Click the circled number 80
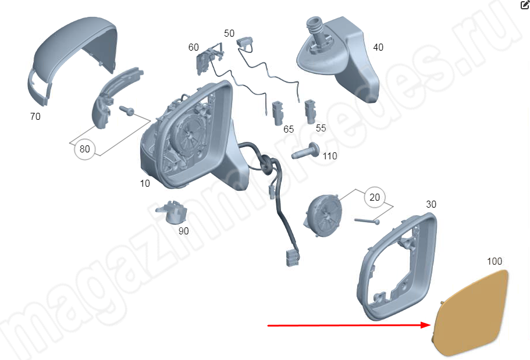84,149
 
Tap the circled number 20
375,197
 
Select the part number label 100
494,261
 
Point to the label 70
35,116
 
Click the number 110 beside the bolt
330,156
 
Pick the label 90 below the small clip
183,231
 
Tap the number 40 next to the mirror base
378,47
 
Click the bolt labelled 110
306,151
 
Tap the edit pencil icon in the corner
525,5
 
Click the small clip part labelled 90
172,212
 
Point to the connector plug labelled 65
278,113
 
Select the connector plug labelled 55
310,111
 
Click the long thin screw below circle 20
367,221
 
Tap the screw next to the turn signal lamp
127,110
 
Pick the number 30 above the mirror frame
431,204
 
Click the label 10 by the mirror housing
145,183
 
